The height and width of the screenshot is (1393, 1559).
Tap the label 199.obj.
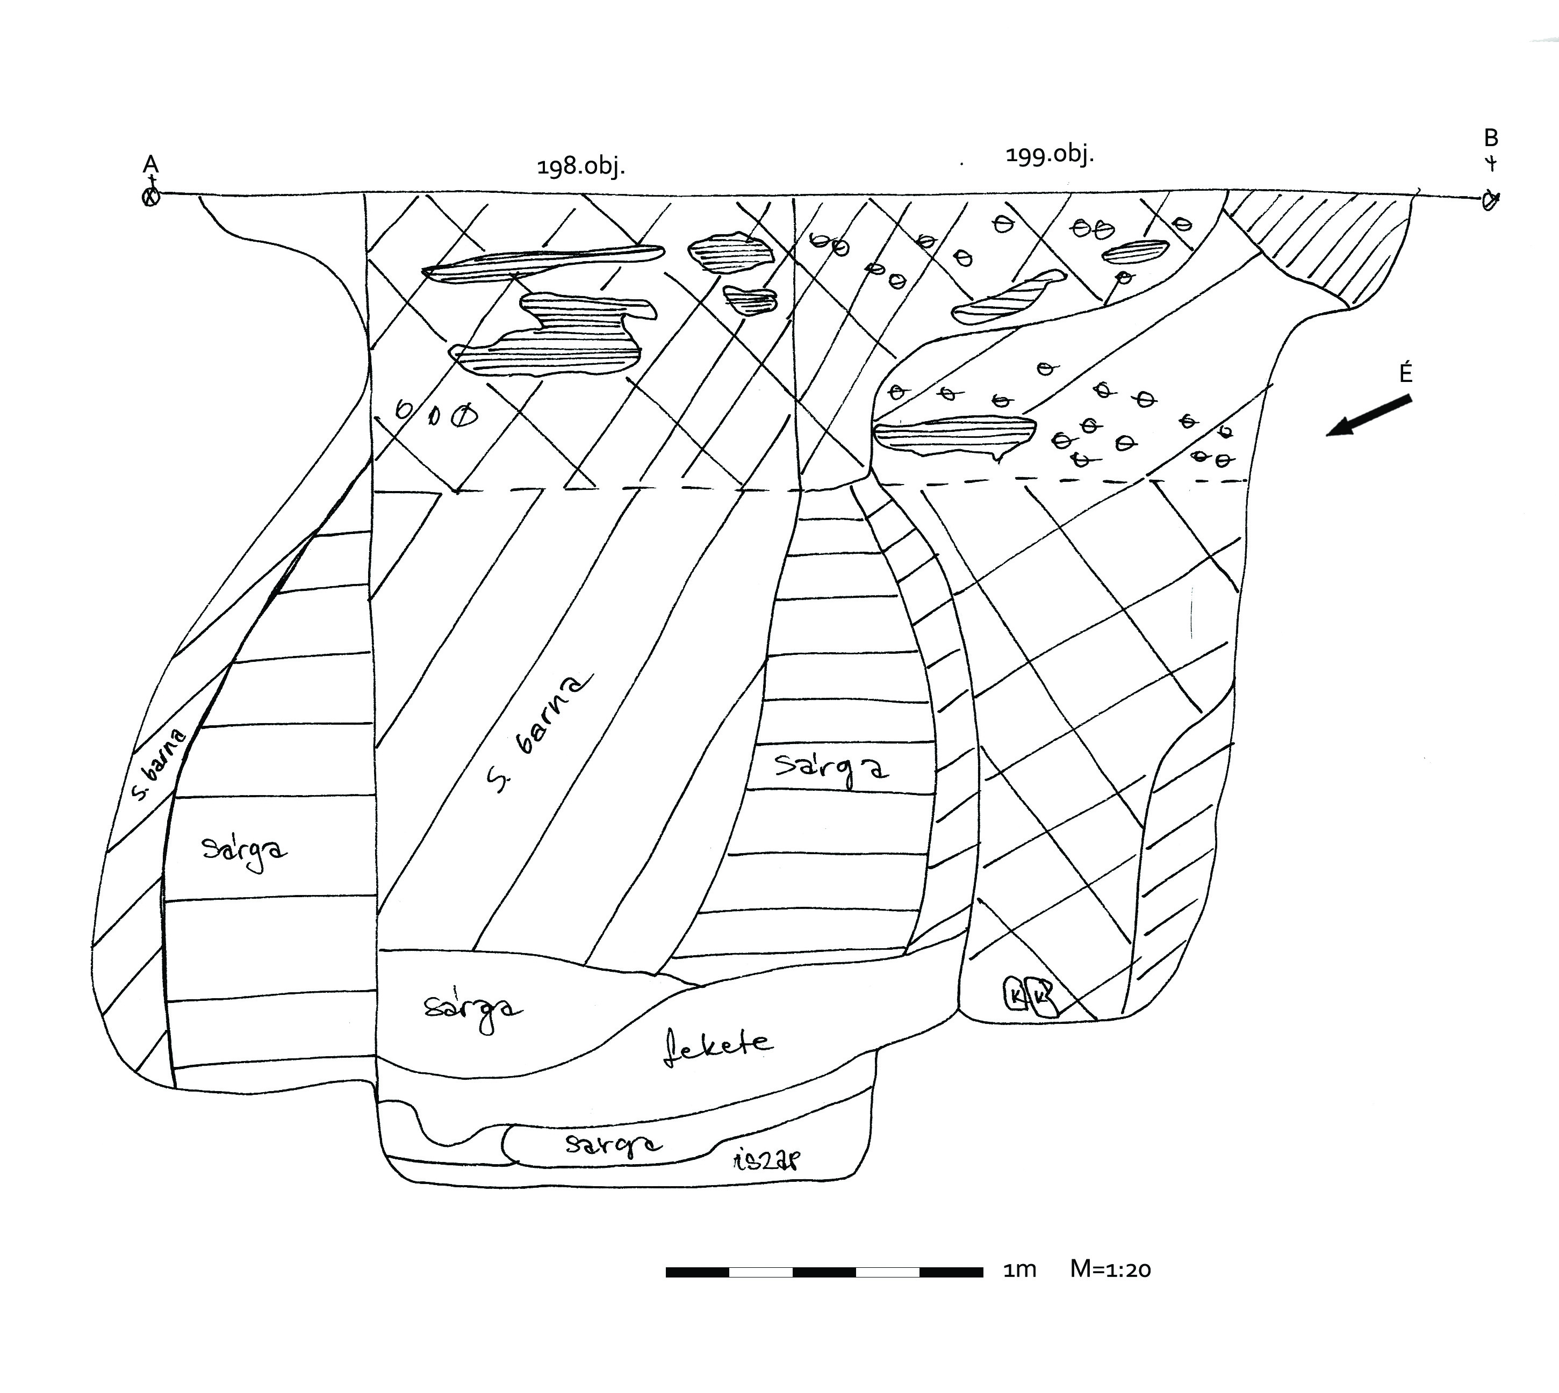pos(1049,155)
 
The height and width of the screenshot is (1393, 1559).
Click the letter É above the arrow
pos(1405,373)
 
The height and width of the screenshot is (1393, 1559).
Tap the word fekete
pos(717,1045)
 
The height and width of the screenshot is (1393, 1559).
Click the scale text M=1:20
pos(1110,1269)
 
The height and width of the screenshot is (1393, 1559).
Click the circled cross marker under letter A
pos(152,198)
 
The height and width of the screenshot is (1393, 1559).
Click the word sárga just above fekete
pos(472,1011)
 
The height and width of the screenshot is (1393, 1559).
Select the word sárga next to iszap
pos(613,1145)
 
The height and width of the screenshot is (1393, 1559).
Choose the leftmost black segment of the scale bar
pos(697,1272)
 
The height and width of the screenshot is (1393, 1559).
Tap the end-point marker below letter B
pos(1489,200)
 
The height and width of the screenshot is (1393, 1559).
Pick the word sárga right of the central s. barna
pos(831,768)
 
